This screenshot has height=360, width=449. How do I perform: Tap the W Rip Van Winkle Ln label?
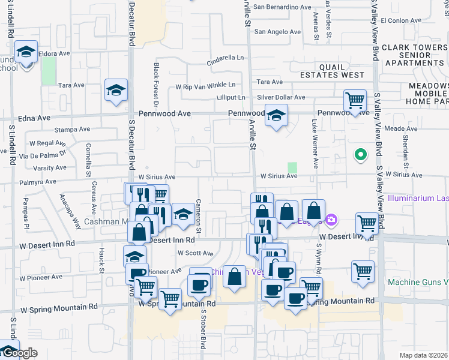tap(205, 86)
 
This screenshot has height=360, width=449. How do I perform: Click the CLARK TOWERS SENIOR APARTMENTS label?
tap(414, 55)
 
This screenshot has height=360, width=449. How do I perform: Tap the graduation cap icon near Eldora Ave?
tap(26, 53)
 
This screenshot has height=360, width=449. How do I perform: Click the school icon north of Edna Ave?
tap(116, 91)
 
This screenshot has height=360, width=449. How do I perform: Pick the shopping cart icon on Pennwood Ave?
tap(355, 101)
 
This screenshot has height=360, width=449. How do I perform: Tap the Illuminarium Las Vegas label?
tap(418, 197)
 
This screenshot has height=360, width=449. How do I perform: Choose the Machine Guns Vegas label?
tap(418, 282)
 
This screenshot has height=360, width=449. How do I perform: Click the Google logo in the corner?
tap(19, 353)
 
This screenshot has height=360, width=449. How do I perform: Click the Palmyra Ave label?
tap(38, 181)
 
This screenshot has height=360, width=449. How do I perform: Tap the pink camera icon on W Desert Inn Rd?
tap(331, 221)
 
